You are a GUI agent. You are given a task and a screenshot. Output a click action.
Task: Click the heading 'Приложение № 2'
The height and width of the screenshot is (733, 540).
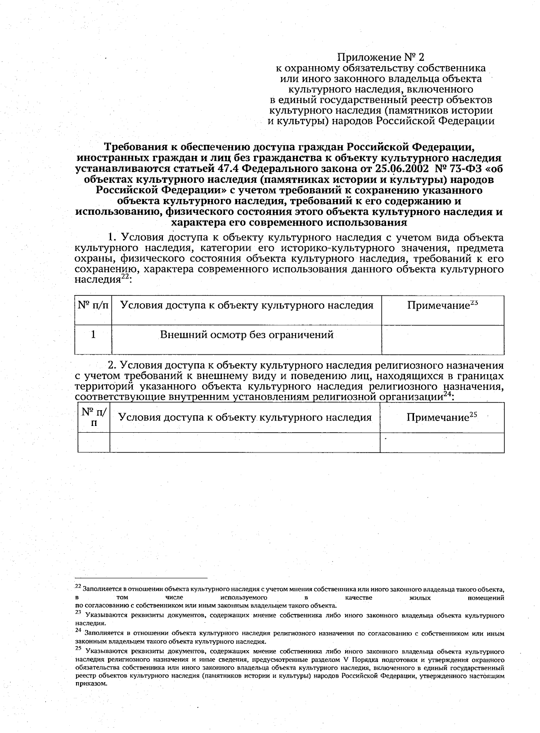coord(381,58)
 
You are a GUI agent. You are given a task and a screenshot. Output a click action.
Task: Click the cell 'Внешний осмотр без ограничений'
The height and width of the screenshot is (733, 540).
coord(247,335)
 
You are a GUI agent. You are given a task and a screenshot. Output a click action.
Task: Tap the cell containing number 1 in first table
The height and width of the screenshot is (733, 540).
coord(93,335)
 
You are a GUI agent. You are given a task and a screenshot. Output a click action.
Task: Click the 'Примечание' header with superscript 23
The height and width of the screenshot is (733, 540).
coord(442,306)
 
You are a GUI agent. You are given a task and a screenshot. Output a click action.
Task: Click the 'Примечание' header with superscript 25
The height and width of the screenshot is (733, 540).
coord(441,417)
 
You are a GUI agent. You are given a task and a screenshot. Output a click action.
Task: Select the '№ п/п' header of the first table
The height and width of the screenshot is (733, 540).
coord(93,306)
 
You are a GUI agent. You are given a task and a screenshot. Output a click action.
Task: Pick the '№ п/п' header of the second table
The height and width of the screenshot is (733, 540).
coord(94,417)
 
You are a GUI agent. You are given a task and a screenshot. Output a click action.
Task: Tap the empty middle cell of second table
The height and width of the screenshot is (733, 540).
coord(245,443)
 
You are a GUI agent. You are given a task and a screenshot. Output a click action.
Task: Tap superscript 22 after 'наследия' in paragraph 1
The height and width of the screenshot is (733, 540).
coord(125,278)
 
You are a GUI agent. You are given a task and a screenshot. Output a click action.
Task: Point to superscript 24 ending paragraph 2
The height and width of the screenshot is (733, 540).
coord(447,395)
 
